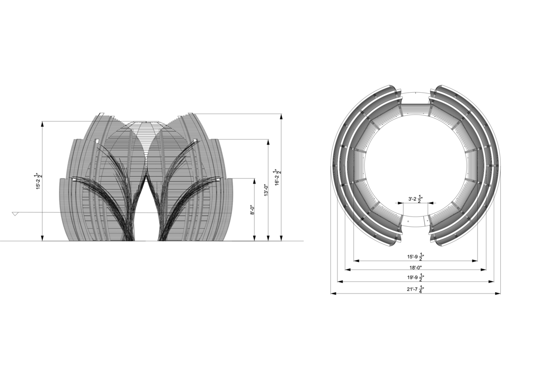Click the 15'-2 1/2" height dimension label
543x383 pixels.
point(39,181)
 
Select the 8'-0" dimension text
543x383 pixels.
point(252,210)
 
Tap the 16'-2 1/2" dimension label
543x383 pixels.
point(278,177)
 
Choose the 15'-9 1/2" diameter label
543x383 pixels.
point(415,257)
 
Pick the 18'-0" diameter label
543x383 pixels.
point(415,268)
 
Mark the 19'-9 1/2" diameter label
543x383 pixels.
point(415,277)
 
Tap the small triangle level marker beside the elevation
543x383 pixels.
point(14,214)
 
